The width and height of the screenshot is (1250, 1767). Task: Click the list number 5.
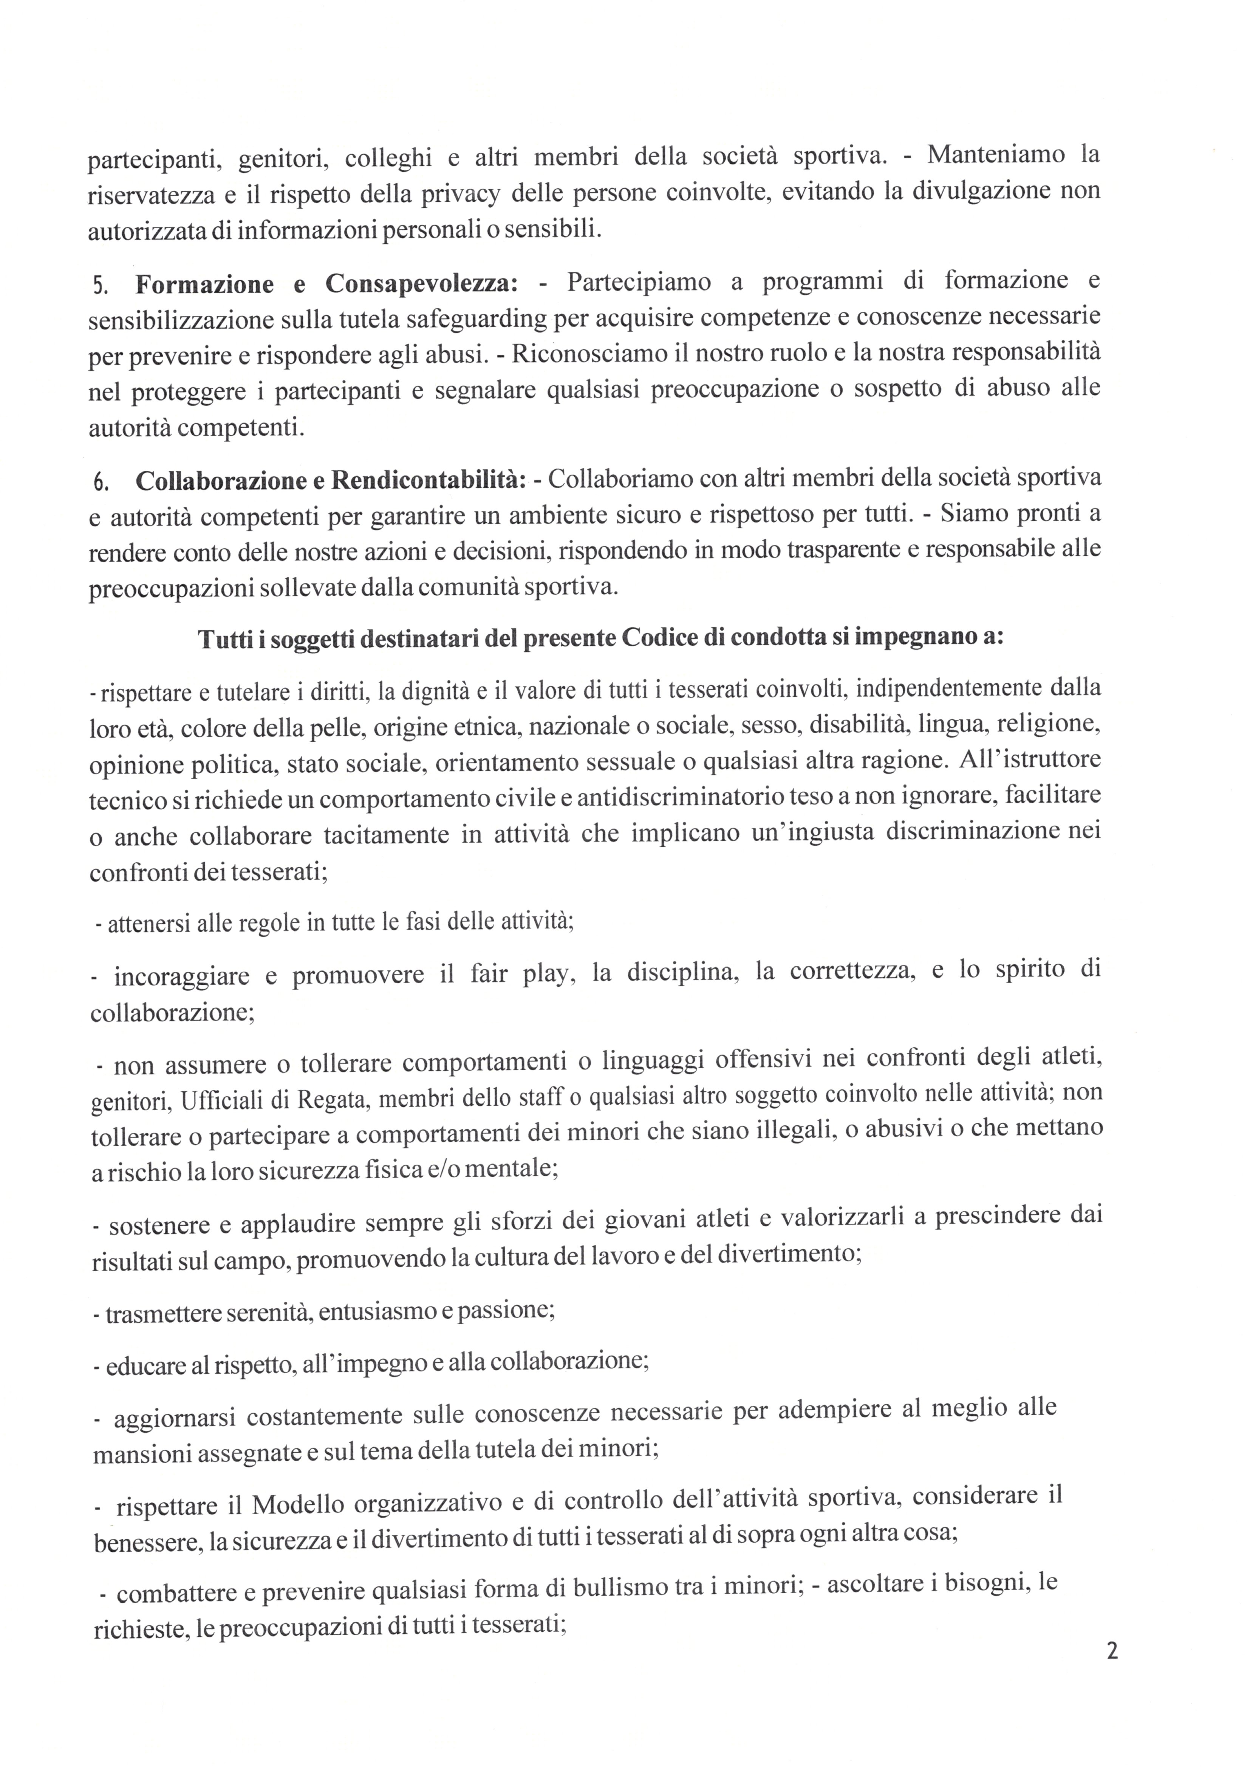pyautogui.click(x=101, y=286)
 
